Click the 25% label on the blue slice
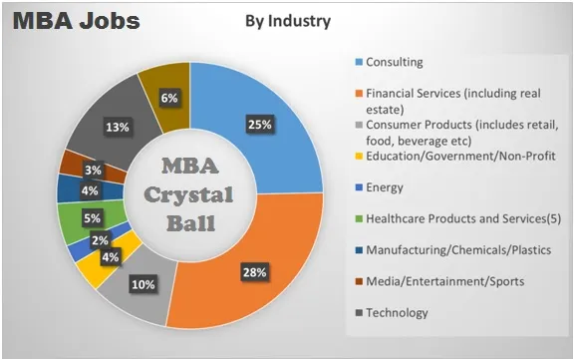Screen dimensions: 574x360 click(259, 125)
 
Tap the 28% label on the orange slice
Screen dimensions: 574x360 click(254, 272)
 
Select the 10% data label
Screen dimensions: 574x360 click(143, 284)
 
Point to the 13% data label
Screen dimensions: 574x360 click(118, 127)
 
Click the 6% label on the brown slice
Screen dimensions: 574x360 click(169, 98)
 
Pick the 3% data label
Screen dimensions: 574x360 click(93, 170)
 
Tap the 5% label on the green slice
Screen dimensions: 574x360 click(92, 218)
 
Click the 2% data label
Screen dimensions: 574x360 click(100, 240)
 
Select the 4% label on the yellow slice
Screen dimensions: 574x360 click(111, 257)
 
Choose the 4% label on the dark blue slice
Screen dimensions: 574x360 click(90, 190)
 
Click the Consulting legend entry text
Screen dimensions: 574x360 click(395, 62)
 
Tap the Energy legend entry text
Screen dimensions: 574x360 click(385, 187)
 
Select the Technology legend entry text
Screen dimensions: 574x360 click(397, 313)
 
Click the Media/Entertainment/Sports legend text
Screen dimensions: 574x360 click(445, 281)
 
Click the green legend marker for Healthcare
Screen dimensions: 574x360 click(359, 218)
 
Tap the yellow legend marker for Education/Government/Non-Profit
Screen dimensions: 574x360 click(359, 156)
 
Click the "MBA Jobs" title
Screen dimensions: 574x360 click(76, 21)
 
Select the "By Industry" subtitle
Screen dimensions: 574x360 click(288, 21)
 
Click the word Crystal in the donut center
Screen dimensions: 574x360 click(189, 194)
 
